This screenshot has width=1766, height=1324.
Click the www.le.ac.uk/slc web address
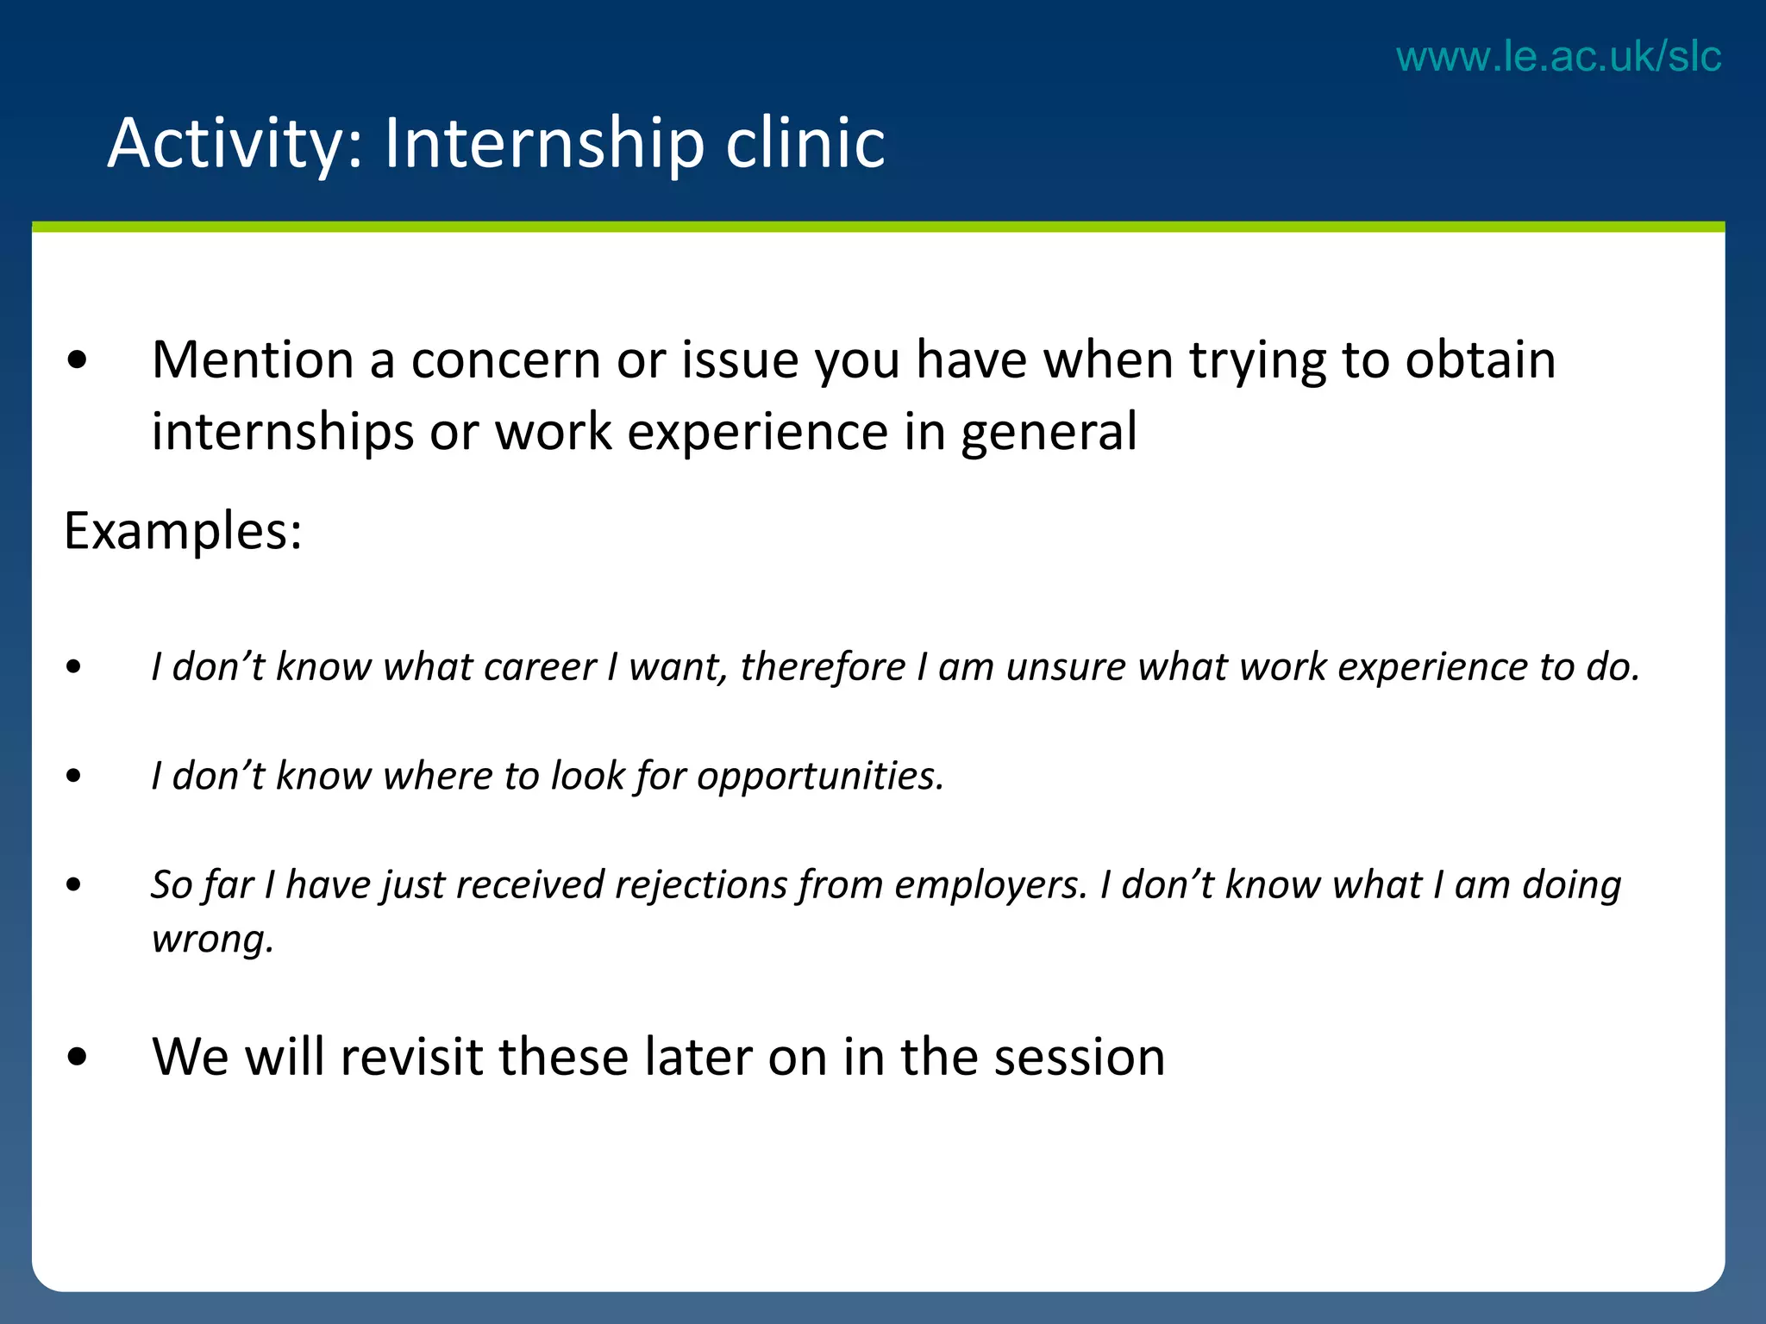coord(1558,57)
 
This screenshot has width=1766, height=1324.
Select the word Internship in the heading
coord(544,143)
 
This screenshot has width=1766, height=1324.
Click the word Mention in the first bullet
coord(253,359)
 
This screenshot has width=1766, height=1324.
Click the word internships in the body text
coord(283,432)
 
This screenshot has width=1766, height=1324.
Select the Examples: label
coord(183,530)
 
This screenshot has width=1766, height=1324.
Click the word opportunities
coord(820,776)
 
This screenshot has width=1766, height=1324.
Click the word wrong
coord(212,939)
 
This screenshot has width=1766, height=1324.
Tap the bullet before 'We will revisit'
coord(77,1058)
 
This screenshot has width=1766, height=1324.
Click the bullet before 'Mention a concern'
coord(77,361)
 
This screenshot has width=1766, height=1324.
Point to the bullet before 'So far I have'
coord(74,885)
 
